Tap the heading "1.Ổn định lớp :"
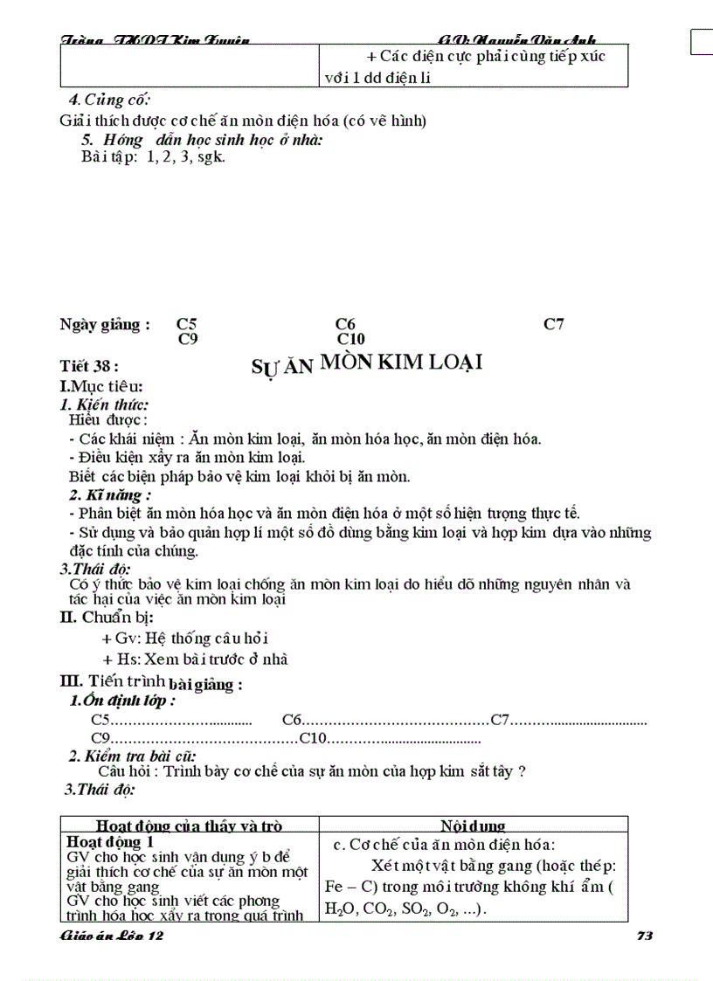pos(122,701)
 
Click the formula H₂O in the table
pos(335,909)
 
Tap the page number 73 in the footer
pos(646,936)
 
